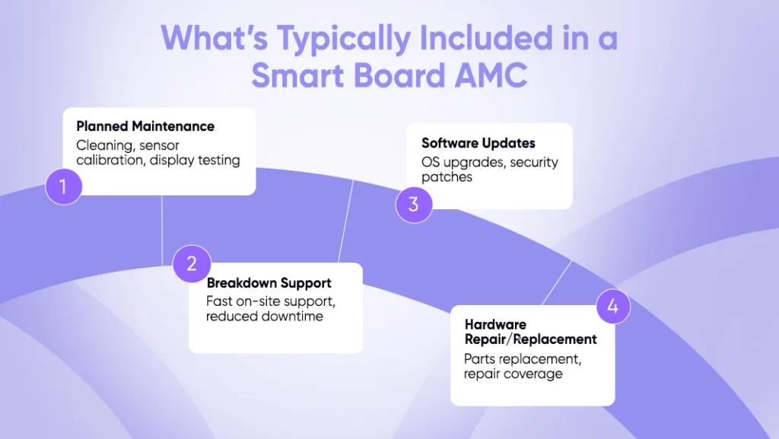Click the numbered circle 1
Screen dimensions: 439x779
(x=63, y=186)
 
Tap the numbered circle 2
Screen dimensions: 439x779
(x=192, y=264)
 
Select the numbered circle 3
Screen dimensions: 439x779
(x=414, y=205)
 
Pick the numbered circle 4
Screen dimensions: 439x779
(x=612, y=308)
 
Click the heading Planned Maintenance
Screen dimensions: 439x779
(x=145, y=126)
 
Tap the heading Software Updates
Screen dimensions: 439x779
(x=479, y=143)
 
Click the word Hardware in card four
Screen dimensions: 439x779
(x=495, y=324)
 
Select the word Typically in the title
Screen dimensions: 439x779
(x=335, y=39)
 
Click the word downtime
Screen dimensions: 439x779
(x=294, y=316)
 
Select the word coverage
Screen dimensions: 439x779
(x=536, y=374)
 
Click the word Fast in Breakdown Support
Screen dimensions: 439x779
(x=220, y=301)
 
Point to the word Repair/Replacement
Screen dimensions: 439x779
(x=530, y=339)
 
